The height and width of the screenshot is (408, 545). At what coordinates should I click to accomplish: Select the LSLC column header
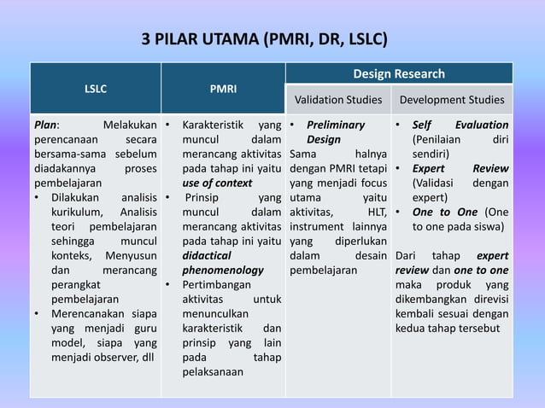pyautogui.click(x=95, y=88)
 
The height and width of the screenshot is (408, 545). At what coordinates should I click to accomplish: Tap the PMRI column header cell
pyautogui.click(x=223, y=88)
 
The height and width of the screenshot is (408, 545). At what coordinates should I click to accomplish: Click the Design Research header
pyautogui.click(x=399, y=74)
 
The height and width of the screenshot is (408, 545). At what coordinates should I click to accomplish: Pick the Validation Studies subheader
pyautogui.click(x=338, y=100)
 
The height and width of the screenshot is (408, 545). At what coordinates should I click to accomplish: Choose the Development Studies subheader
pyautogui.click(x=451, y=100)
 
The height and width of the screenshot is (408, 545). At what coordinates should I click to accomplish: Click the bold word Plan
pyautogui.click(x=46, y=125)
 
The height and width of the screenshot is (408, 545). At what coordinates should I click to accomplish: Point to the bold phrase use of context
pyautogui.click(x=217, y=183)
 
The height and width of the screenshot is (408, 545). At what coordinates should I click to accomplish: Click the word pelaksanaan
pyautogui.click(x=213, y=371)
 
